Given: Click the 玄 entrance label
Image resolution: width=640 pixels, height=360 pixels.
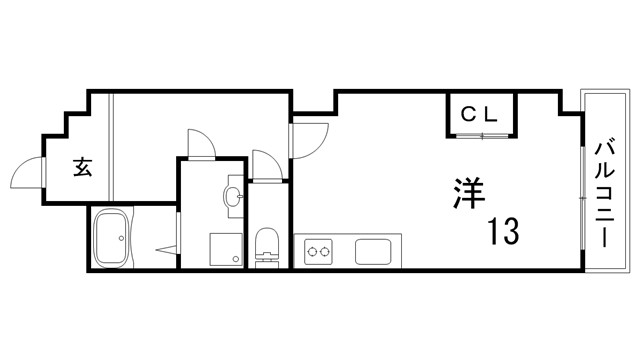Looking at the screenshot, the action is [x=82, y=167].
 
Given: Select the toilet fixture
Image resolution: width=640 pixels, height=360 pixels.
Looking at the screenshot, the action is [x=266, y=245].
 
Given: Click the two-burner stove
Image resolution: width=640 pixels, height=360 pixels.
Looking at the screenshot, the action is [x=319, y=250].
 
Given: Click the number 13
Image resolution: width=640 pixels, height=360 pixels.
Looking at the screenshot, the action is [x=503, y=232].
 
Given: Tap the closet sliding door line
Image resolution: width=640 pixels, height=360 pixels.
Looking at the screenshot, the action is [x=480, y=133].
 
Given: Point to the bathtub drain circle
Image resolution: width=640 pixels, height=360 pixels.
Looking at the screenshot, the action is [x=123, y=238].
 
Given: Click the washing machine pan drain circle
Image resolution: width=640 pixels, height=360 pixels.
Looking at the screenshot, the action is [x=236, y=259].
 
